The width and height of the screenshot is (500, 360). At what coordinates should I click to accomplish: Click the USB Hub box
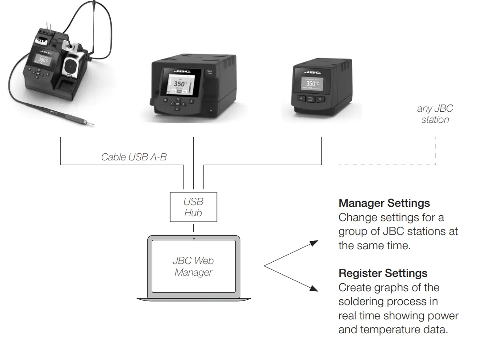(193, 207)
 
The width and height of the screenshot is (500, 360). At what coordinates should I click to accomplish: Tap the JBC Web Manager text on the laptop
(193, 266)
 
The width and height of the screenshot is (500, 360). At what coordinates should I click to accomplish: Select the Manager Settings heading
(384, 203)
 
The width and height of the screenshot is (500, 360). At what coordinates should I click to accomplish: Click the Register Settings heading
(383, 273)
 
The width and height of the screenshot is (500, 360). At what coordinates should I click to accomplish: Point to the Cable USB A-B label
(133, 157)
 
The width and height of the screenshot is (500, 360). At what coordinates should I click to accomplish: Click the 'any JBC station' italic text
(435, 114)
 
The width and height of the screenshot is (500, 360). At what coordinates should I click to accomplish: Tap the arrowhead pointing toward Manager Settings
(314, 243)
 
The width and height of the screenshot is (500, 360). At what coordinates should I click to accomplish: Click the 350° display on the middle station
(181, 83)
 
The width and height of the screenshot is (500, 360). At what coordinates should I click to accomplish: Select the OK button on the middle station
(178, 104)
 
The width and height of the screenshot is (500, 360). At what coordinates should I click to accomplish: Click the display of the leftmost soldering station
(43, 59)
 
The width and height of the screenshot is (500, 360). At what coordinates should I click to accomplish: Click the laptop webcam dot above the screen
(193, 239)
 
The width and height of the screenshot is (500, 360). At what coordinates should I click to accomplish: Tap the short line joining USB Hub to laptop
(193, 228)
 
